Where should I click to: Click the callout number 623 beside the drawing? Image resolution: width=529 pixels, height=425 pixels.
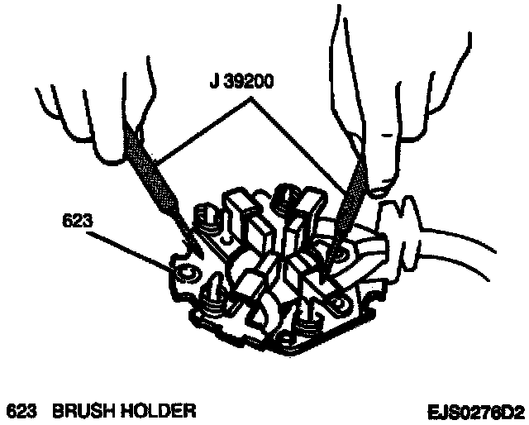(x=76, y=221)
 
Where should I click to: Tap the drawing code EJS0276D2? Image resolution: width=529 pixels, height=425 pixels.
(x=475, y=410)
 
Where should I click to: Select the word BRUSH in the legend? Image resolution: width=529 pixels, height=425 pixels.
(x=87, y=410)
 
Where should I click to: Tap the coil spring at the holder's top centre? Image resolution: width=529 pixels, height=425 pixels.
(x=288, y=198)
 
